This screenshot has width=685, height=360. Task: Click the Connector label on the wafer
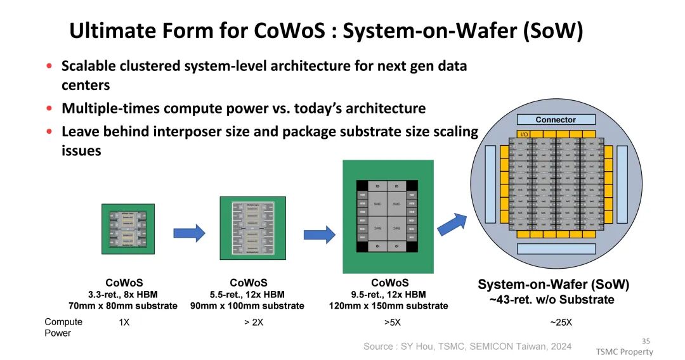point(556,120)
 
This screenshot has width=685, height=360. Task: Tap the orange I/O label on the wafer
point(524,134)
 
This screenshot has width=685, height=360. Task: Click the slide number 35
point(646,340)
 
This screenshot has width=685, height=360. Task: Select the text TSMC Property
point(623,352)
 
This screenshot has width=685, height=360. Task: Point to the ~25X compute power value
point(561,322)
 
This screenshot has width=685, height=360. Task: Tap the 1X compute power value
point(124,322)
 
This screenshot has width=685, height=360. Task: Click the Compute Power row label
point(63,327)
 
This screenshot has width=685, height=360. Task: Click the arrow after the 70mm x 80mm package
point(189,233)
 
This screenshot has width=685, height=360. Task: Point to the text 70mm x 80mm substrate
point(123,306)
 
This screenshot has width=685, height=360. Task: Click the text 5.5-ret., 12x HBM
point(247,295)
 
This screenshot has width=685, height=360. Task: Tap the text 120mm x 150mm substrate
point(389,306)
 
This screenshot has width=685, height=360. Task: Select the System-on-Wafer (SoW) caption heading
point(553,285)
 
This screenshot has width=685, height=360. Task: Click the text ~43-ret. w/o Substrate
point(552,300)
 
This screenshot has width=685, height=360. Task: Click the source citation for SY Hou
point(467,346)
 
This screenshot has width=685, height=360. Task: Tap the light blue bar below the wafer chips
point(556,248)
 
